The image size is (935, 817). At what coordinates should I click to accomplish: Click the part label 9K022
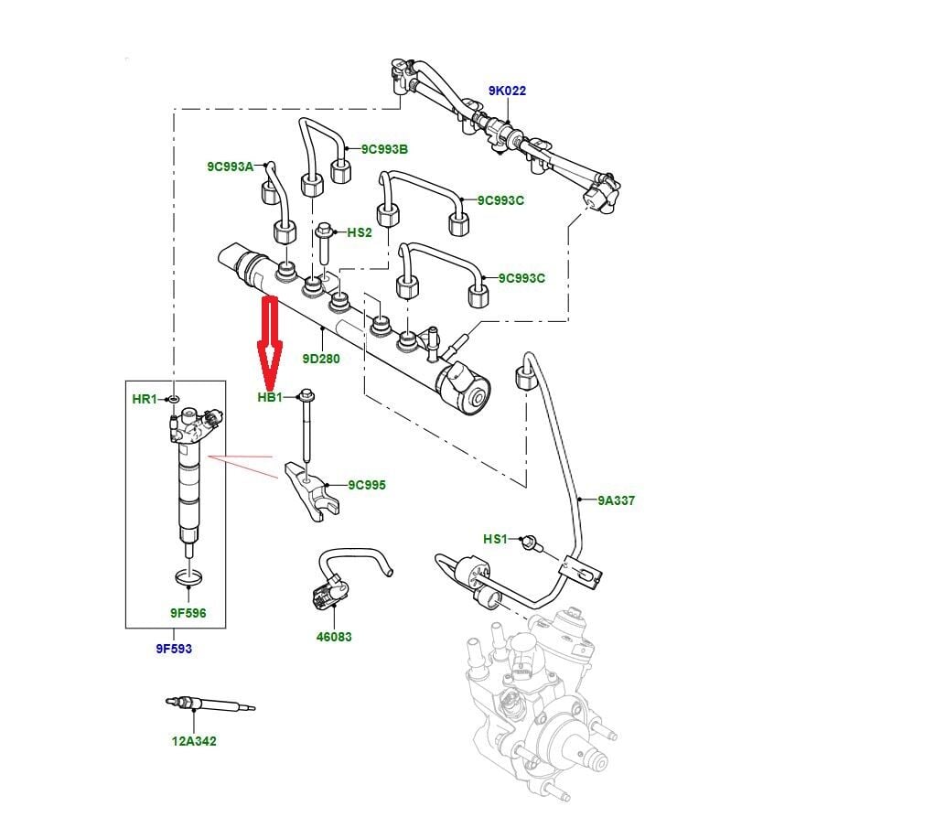[x=507, y=91]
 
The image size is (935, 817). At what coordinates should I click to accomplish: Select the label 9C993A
[x=230, y=167]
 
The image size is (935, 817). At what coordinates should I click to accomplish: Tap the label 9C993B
[x=384, y=149]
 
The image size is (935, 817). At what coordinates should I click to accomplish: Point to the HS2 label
[x=360, y=232]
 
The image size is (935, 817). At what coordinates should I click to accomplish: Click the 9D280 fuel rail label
[x=321, y=359]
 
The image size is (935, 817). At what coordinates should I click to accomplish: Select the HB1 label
[x=270, y=398]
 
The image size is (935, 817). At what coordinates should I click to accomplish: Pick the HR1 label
[x=145, y=399]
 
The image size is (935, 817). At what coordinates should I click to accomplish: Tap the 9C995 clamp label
[x=367, y=485]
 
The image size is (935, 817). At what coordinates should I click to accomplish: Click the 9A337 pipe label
[x=617, y=500]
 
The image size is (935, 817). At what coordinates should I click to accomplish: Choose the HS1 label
[x=495, y=539]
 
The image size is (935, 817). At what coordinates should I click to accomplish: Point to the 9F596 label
[x=188, y=613]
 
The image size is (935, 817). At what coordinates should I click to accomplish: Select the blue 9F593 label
[x=174, y=649]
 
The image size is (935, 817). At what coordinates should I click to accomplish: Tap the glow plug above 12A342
[x=210, y=705]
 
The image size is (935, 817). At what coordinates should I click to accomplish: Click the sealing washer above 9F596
[x=188, y=578]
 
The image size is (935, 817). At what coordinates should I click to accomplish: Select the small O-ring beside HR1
[x=174, y=399]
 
